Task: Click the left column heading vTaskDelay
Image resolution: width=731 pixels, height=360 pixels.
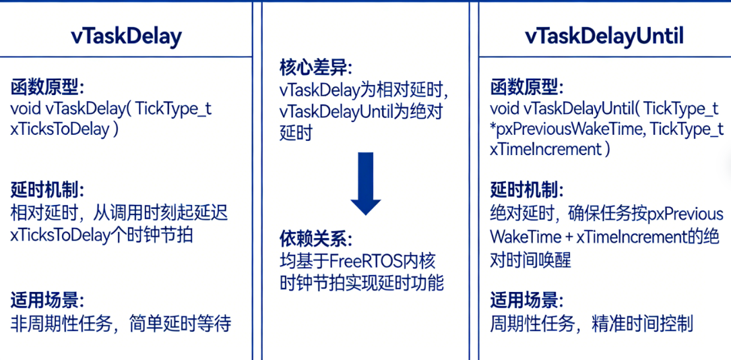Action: point(126,36)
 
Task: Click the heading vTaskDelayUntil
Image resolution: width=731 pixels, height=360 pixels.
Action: point(604,36)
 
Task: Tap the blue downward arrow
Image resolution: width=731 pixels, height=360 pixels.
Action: point(365,183)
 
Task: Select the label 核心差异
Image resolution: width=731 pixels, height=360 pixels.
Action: point(315,68)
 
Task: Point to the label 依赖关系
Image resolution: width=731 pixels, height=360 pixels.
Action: point(315,239)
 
